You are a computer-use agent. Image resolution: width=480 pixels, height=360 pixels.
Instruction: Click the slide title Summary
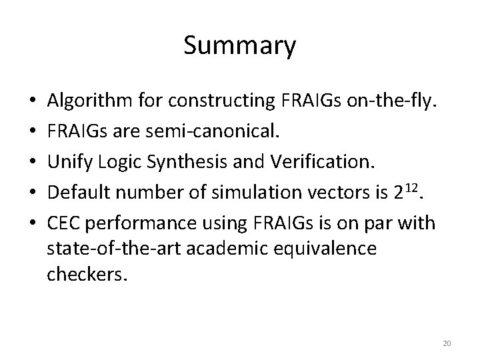click(239, 46)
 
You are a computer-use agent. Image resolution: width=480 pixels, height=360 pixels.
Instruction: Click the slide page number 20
click(447, 343)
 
